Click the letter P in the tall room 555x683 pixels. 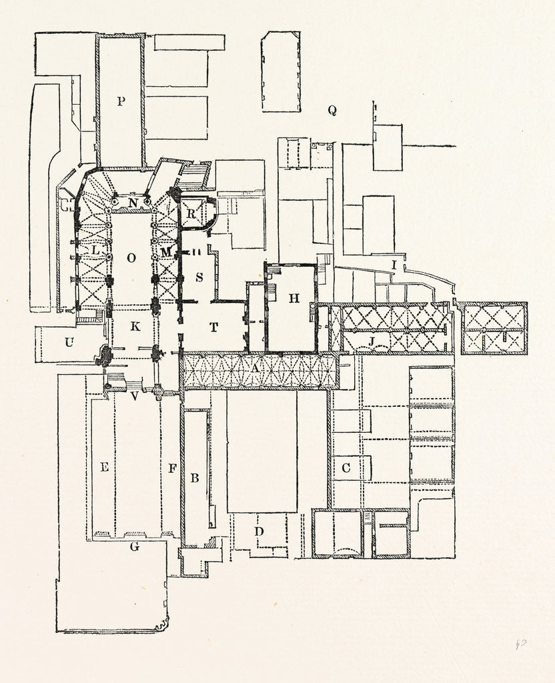point(121,101)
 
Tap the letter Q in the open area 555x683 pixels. point(332,111)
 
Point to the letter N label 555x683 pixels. point(133,202)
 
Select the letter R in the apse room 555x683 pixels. point(191,214)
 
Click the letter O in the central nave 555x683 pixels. point(131,257)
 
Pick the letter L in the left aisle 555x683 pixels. point(95,251)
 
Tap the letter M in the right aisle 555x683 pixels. point(166,251)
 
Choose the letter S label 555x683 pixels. point(199,276)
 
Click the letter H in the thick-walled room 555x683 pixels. point(294,298)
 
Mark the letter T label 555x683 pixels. point(214,326)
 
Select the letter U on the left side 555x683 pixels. point(68,343)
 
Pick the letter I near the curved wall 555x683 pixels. point(394,265)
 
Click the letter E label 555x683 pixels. point(104,468)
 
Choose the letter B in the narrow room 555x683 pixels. point(195,478)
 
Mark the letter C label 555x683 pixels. point(346,468)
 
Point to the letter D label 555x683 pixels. point(259,531)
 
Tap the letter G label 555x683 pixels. point(134,546)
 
